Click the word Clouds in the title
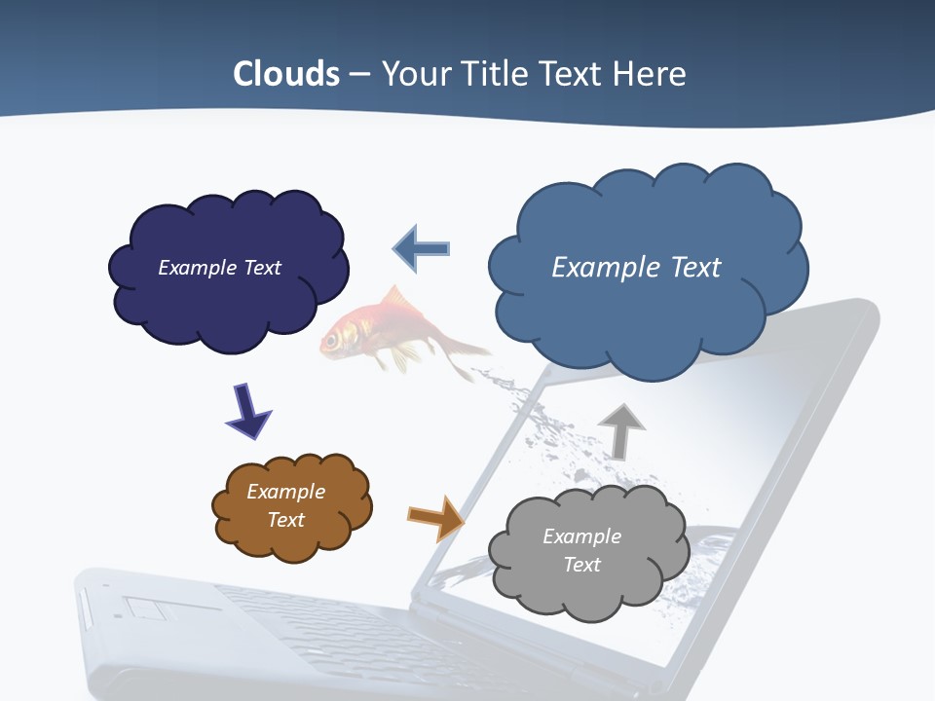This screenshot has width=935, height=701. click(x=286, y=74)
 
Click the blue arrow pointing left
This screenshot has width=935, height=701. click(x=422, y=248)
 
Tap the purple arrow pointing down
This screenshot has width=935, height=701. click(x=247, y=410)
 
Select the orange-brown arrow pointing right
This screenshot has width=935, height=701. click(x=435, y=518)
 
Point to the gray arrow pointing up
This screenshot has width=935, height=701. click(x=620, y=430)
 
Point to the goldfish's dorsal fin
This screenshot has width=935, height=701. click(x=390, y=297)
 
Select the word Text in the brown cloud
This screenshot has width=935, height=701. click(x=286, y=520)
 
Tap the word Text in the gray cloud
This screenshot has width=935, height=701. click(x=581, y=565)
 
